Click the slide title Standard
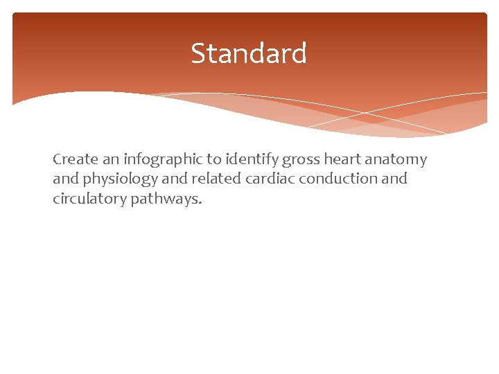pyautogui.click(x=249, y=53)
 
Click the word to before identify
pyautogui.click(x=212, y=160)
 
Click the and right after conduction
pyautogui.click(x=394, y=179)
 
